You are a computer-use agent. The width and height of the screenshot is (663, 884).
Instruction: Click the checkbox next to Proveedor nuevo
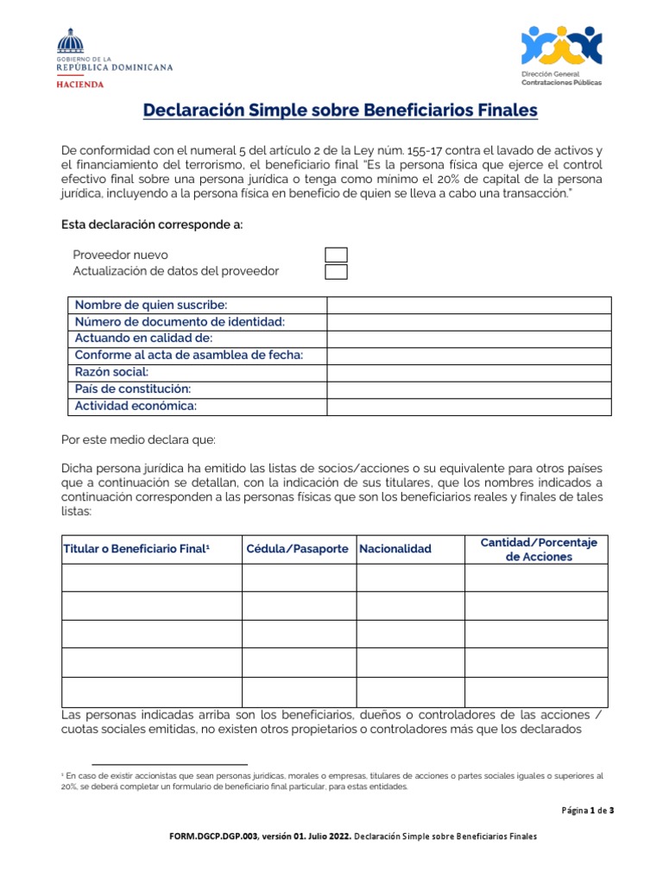pos(336,255)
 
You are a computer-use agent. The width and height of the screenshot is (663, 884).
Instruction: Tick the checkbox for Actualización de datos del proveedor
pos(336,272)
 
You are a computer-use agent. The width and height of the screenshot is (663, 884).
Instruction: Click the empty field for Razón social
pos(468,372)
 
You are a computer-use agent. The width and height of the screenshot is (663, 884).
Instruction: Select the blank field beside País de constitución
pos(468,389)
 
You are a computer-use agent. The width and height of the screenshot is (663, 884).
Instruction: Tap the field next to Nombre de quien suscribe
pos(468,305)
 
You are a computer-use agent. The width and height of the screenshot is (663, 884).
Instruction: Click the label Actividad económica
pos(136,406)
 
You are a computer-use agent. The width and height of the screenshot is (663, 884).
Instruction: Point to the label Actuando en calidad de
pos(143,338)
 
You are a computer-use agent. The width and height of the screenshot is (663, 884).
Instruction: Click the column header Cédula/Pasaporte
pos(298,549)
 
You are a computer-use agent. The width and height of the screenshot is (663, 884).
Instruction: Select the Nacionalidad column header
pos(395,549)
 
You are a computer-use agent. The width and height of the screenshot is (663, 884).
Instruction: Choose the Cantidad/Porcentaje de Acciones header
pos(538,549)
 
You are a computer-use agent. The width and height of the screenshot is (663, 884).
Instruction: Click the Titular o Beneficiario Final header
pos(137,549)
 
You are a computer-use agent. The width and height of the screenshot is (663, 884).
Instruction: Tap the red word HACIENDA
pos(80,85)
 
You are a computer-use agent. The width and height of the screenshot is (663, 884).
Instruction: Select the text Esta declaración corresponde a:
pos(152,225)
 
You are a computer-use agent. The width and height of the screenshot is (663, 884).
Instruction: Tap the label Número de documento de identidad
pos(180,322)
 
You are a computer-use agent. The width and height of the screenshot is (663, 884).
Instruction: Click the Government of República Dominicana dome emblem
pos(72,41)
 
